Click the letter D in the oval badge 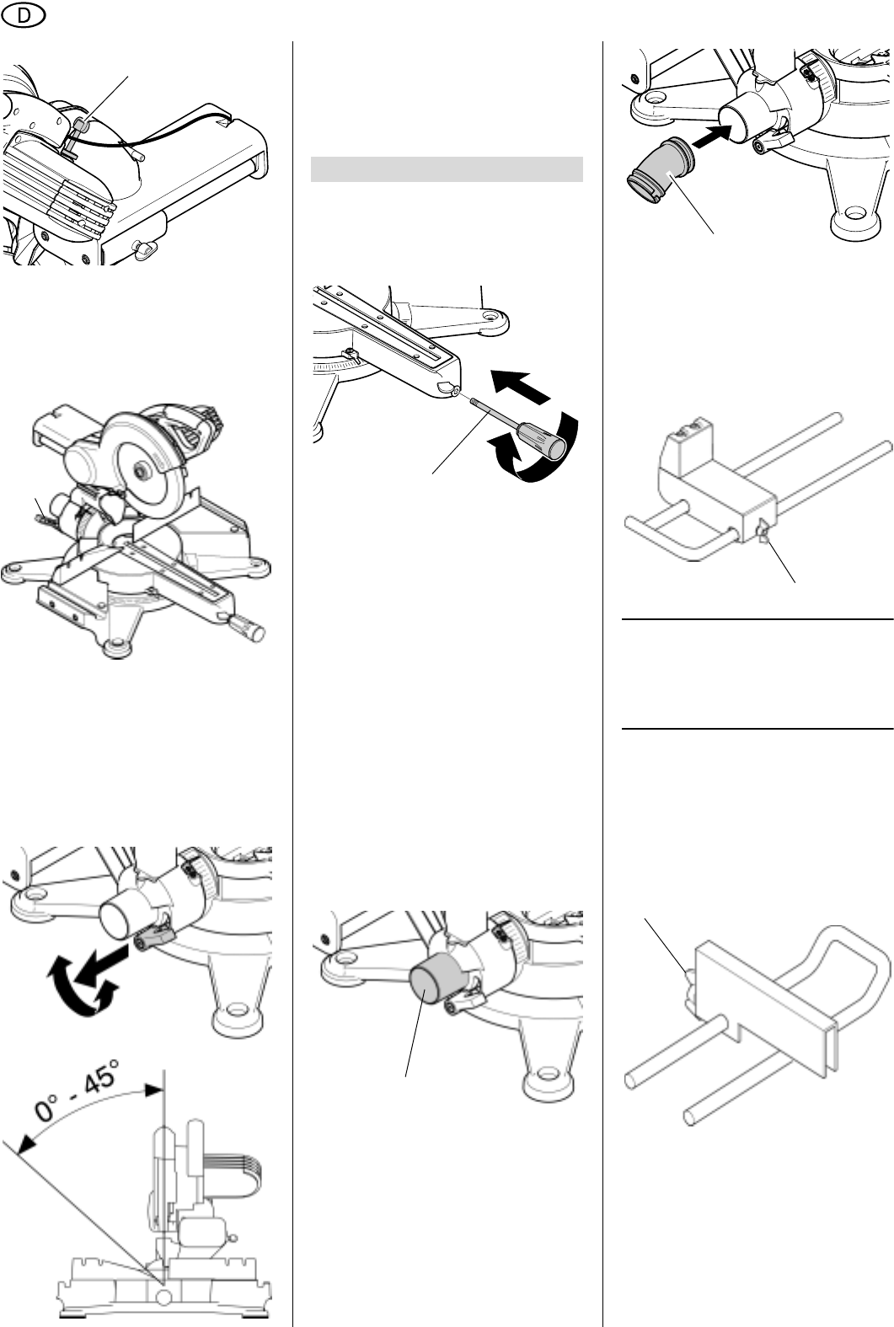coord(24,16)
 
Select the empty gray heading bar coord(447,169)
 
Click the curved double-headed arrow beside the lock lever coord(83,979)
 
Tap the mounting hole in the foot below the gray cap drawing coord(547,1073)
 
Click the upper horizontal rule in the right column coord(757,619)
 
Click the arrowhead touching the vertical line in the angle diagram coord(153,1089)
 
